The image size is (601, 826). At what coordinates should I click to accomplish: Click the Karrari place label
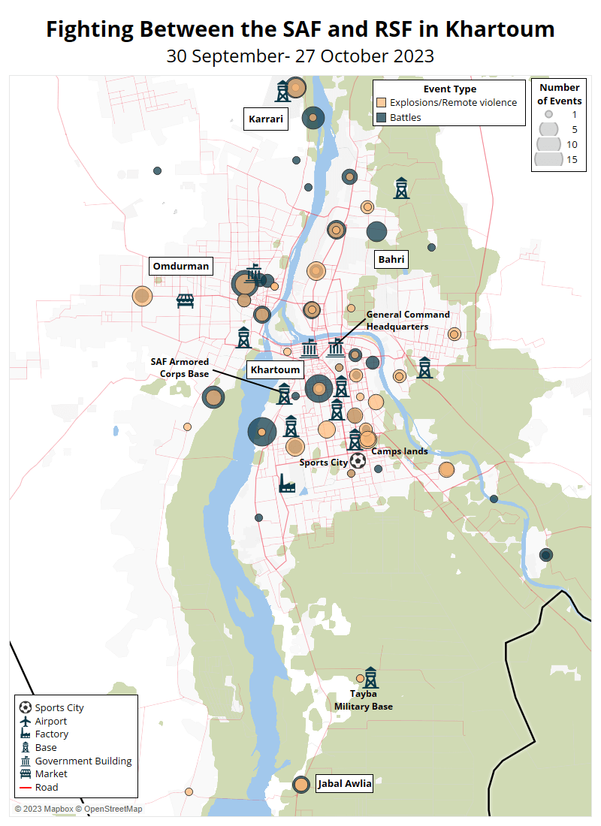coord(267,119)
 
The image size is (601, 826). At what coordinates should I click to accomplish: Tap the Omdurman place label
coord(180,266)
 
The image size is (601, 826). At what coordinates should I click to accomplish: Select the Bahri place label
coord(391,259)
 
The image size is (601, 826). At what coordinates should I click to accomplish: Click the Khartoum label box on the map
coord(275,369)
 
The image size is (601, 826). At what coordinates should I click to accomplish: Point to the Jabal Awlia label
coord(344,784)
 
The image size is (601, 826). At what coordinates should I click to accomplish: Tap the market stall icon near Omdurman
coord(186,301)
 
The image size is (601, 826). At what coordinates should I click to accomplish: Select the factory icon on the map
coord(287,484)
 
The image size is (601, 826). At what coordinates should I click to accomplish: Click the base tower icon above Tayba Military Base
coord(370,677)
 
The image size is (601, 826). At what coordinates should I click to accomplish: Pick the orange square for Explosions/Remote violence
coord(382,103)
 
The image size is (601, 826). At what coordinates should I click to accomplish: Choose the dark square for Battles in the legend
coord(382,118)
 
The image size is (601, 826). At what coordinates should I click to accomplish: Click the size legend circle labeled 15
coord(549,159)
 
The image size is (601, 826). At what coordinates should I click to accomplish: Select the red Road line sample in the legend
coord(26,787)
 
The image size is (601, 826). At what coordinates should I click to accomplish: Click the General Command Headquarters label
coord(408,321)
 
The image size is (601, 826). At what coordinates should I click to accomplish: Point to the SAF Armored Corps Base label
coord(180,367)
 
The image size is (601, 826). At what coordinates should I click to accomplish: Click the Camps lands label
coord(400,451)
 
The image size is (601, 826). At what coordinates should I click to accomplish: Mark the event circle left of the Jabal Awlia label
coord(301,785)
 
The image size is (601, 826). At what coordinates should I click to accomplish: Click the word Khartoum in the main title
coord(500,29)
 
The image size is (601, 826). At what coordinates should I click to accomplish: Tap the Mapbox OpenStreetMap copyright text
coord(78,809)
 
